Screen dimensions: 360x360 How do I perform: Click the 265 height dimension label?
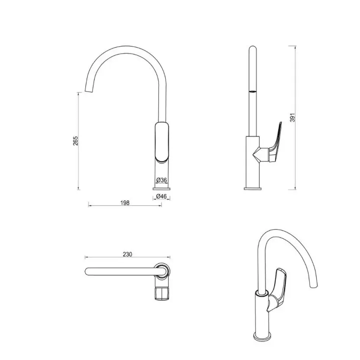click(x=75, y=141)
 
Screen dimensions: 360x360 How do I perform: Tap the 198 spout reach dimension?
click(x=125, y=203)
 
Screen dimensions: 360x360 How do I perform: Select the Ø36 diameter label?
click(x=162, y=180)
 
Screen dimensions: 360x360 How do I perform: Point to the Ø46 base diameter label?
click(x=162, y=196)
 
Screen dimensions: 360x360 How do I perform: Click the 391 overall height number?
click(x=292, y=117)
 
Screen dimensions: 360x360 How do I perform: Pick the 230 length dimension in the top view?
click(x=128, y=254)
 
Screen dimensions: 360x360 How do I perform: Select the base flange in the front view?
click(x=162, y=189)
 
